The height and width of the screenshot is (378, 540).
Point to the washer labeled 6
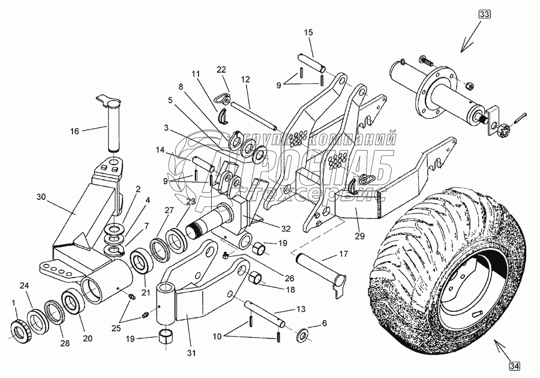pos(305,334)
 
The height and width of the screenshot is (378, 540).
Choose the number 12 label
pos(245,79)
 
